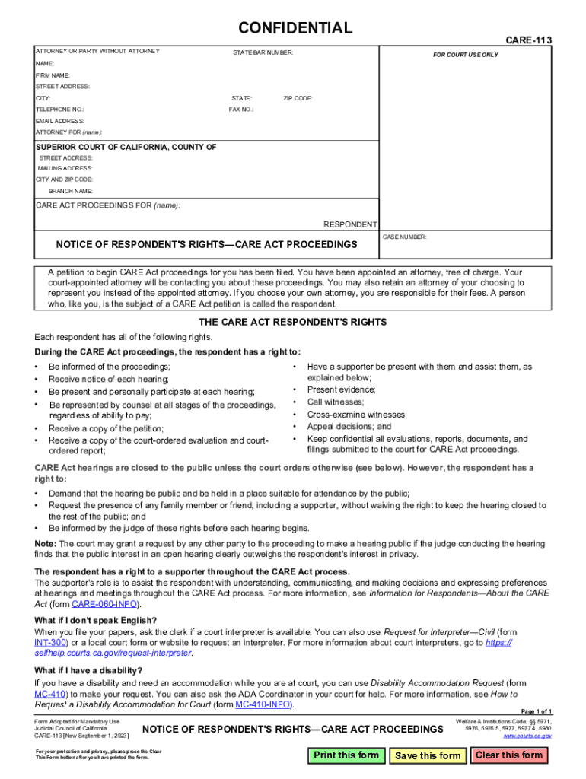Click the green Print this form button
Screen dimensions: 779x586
(x=346, y=755)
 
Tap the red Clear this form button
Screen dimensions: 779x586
(x=509, y=755)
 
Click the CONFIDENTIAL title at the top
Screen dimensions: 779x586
(x=295, y=29)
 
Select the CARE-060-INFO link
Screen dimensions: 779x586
(x=105, y=604)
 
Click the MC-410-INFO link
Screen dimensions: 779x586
(x=263, y=704)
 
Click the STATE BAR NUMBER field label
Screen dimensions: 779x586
(x=263, y=52)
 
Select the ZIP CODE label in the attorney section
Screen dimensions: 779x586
(x=298, y=98)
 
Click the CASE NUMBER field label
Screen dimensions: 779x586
(x=405, y=237)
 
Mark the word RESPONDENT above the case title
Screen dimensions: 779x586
(x=350, y=224)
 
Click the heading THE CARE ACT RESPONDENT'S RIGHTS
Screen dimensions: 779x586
(x=292, y=323)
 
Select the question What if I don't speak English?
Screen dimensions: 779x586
(x=96, y=621)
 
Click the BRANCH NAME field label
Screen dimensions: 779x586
(x=71, y=191)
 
